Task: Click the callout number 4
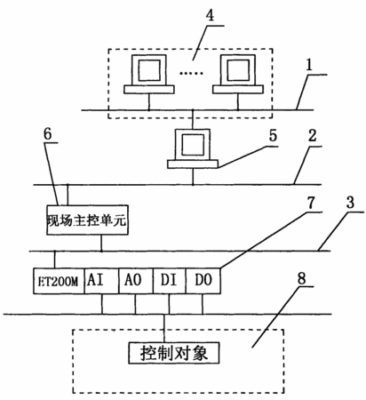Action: [210, 15]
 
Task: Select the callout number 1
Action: [309, 65]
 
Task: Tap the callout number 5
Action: [273, 136]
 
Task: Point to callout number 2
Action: [312, 136]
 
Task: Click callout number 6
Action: [47, 133]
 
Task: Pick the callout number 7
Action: [310, 203]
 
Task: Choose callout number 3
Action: [350, 203]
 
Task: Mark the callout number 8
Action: [301, 278]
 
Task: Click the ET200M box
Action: [59, 281]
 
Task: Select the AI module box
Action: [101, 281]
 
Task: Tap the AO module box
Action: [136, 281]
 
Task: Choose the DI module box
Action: [170, 281]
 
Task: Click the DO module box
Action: [203, 281]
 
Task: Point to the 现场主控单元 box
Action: [87, 220]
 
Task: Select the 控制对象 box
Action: [174, 353]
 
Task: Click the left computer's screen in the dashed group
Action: [149, 70]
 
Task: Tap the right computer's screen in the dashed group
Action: [238, 70]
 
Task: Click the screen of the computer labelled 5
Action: [193, 144]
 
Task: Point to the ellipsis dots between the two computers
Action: [191, 73]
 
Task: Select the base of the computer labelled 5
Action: [193, 164]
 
